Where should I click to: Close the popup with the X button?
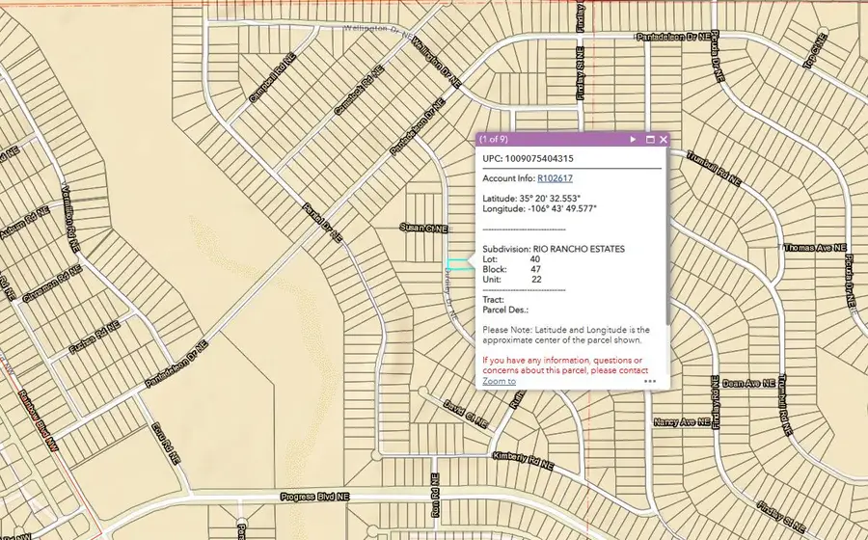(x=664, y=140)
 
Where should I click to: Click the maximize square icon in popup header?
(x=650, y=140)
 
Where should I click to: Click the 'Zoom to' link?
(x=499, y=381)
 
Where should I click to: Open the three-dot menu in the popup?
(x=650, y=381)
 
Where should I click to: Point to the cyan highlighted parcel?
(x=459, y=264)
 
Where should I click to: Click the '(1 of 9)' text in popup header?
(x=498, y=140)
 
